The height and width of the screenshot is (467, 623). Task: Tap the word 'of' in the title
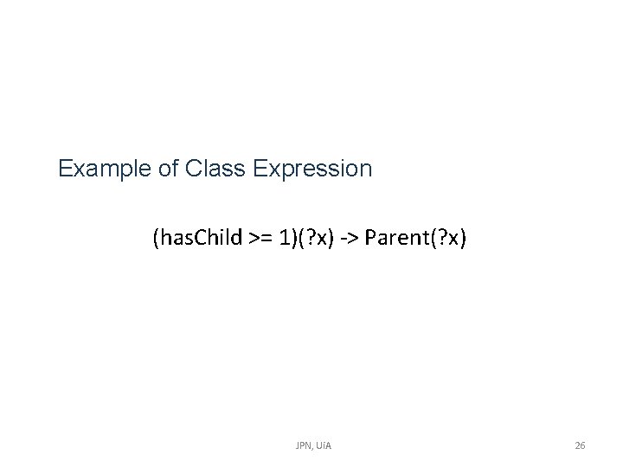click(169, 168)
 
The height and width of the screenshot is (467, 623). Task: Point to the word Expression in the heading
click(314, 168)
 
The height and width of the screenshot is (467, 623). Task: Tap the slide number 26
click(580, 445)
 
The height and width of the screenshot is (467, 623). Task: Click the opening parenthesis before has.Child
click(156, 238)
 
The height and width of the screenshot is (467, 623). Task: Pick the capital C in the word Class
click(193, 168)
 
